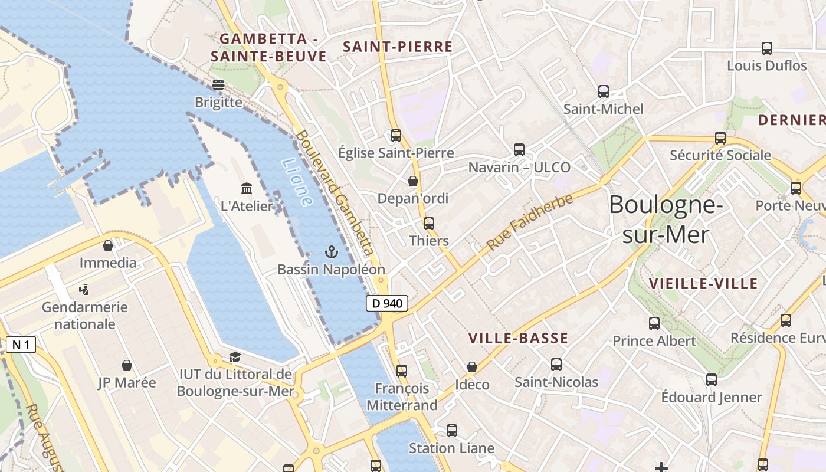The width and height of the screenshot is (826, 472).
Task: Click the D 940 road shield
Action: pyautogui.click(x=387, y=304)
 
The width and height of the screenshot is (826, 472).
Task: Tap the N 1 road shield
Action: pyautogui.click(x=21, y=345)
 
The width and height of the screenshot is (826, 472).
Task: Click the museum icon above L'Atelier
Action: pyautogui.click(x=247, y=189)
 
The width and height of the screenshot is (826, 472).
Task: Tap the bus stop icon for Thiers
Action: pyautogui.click(x=429, y=224)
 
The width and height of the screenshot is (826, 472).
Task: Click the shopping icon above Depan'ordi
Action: pyautogui.click(x=413, y=181)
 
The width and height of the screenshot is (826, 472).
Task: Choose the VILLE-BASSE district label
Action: pyautogui.click(x=518, y=339)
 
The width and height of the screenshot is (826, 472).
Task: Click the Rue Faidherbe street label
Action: pyautogui.click(x=530, y=222)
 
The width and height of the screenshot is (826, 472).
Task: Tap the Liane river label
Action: pyautogui.click(x=297, y=182)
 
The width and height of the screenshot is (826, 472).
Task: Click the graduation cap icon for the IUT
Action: pyautogui.click(x=235, y=357)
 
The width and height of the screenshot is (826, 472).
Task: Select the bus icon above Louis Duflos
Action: pyautogui.click(x=766, y=48)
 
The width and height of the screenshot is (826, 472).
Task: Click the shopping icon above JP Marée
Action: pyautogui.click(x=127, y=366)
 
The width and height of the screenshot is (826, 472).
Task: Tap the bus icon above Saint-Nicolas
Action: pyautogui.click(x=556, y=365)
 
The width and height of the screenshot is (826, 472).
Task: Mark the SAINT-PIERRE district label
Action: pyautogui.click(x=398, y=47)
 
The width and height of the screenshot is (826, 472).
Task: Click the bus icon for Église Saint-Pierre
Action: pyautogui.click(x=396, y=136)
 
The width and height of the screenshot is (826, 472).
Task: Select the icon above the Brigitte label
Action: pyautogui.click(x=218, y=85)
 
